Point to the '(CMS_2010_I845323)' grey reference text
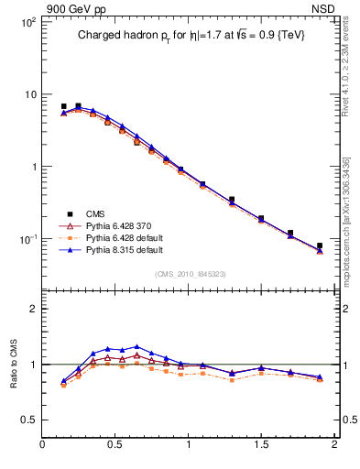pos(191,274)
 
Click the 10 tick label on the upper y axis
pos(29,94)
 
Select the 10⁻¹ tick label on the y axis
pos(27,239)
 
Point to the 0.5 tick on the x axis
pos(115,445)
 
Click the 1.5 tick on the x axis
pos(261,445)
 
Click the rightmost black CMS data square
pos(320,245)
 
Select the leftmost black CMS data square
pos(63,106)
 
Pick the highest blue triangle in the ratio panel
pos(136,347)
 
